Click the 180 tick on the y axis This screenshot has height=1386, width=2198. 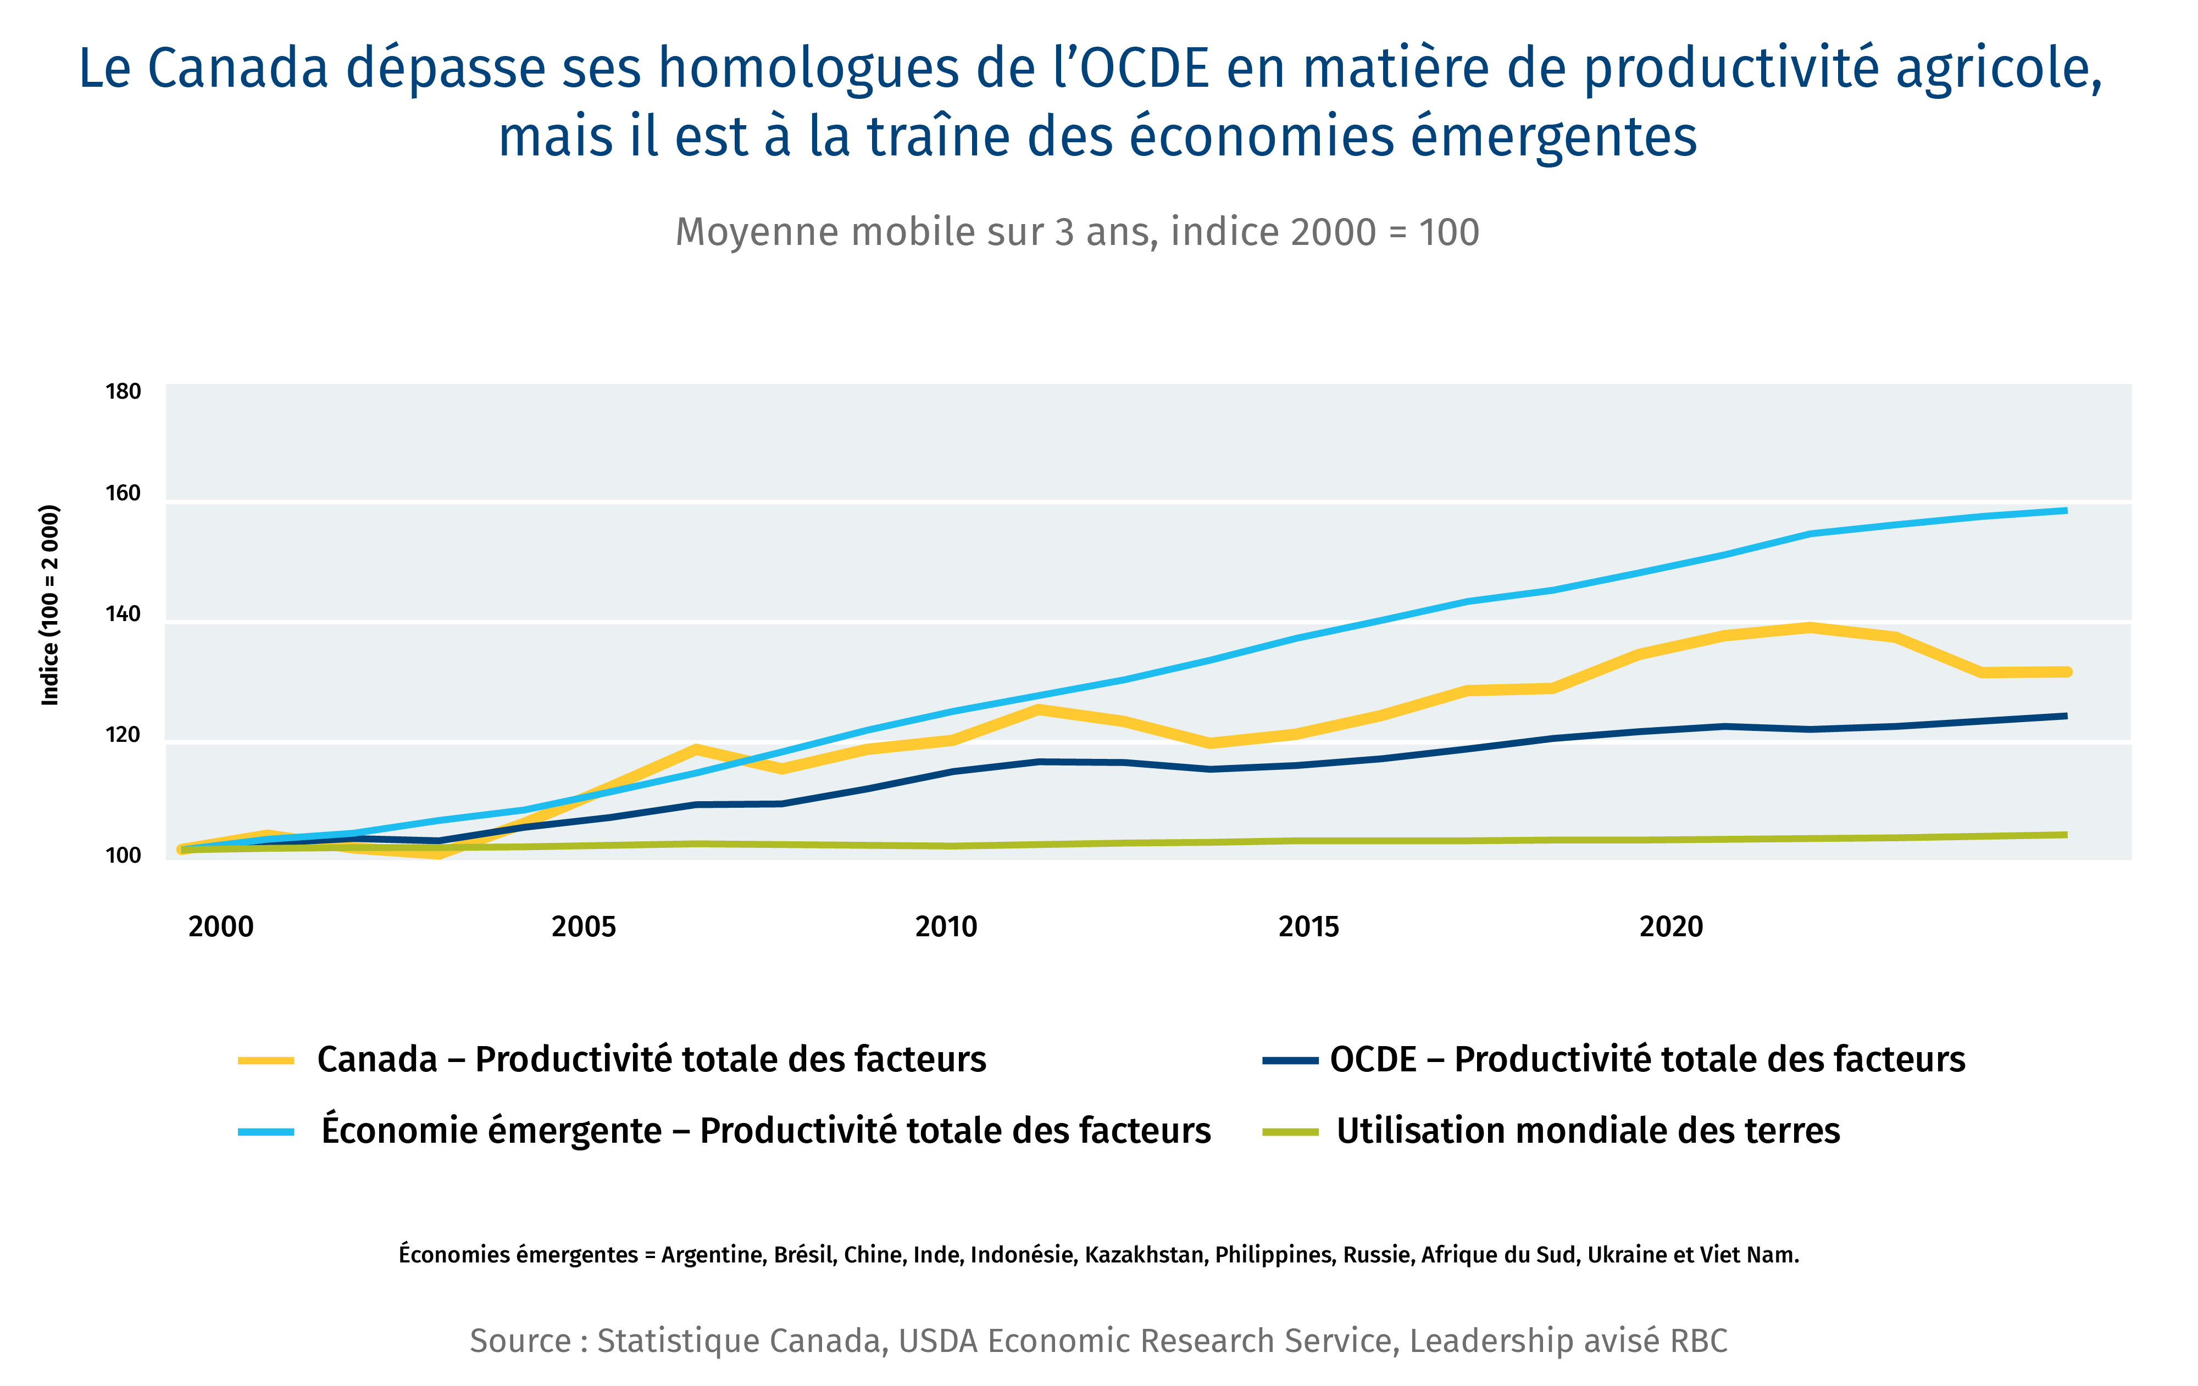pos(123,392)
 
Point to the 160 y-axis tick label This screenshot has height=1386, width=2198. pos(123,494)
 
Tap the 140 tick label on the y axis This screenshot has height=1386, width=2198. pos(123,614)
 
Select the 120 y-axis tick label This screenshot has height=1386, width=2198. pos(123,735)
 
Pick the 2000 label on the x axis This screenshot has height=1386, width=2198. pos(221,927)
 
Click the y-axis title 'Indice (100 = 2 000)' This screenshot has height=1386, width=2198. pos(50,605)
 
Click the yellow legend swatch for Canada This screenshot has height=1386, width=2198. pos(265,1060)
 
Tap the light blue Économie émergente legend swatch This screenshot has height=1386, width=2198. pos(265,1131)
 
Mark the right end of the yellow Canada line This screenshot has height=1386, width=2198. pos(2067,672)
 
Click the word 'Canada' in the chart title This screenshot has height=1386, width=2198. pos(237,69)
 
